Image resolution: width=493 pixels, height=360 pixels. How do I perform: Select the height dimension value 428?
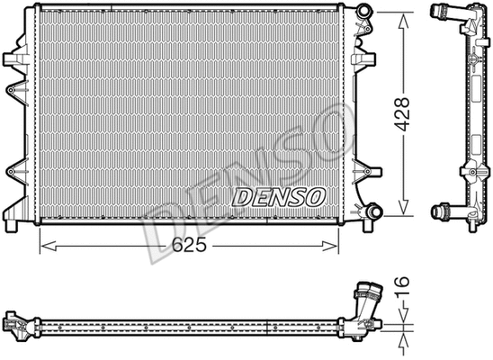(x=405, y=114)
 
